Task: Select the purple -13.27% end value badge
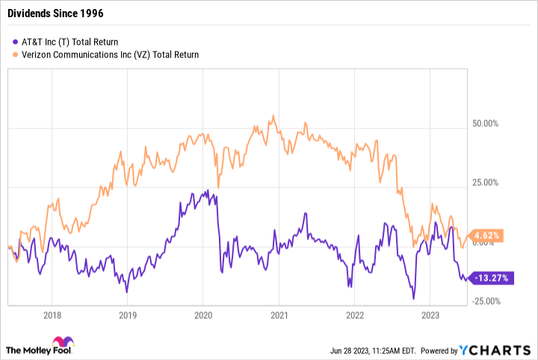point(486,278)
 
